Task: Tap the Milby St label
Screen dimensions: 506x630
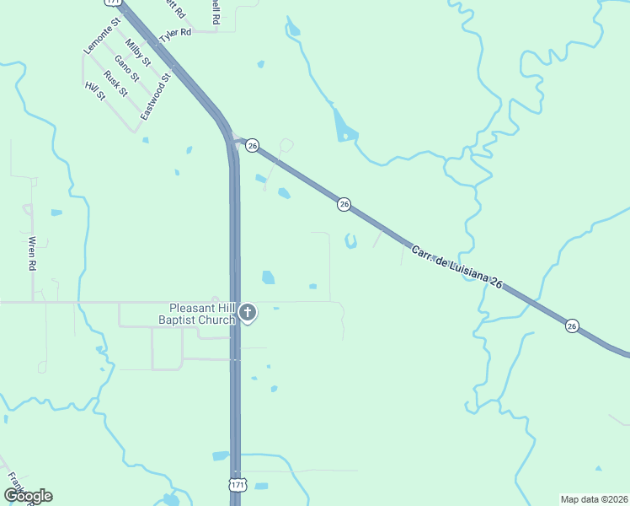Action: (x=137, y=53)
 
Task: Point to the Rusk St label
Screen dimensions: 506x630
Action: (x=115, y=80)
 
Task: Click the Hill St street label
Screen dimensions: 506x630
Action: (x=95, y=91)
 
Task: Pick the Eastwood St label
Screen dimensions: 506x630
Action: (x=156, y=96)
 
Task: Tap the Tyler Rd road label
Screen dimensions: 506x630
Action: (x=177, y=34)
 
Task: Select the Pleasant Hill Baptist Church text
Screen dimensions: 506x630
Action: (x=200, y=314)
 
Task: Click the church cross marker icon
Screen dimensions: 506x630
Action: (x=248, y=314)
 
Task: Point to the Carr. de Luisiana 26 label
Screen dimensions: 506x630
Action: (x=456, y=268)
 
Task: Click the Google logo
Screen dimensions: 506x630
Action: (x=28, y=496)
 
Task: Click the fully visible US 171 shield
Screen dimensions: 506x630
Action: (x=238, y=485)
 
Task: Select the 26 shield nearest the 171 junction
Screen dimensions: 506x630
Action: (x=252, y=146)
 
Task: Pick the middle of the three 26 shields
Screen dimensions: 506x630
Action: (x=344, y=204)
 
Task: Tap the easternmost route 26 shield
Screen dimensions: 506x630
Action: (x=573, y=326)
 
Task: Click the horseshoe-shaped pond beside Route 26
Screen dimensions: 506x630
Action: (x=350, y=242)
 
